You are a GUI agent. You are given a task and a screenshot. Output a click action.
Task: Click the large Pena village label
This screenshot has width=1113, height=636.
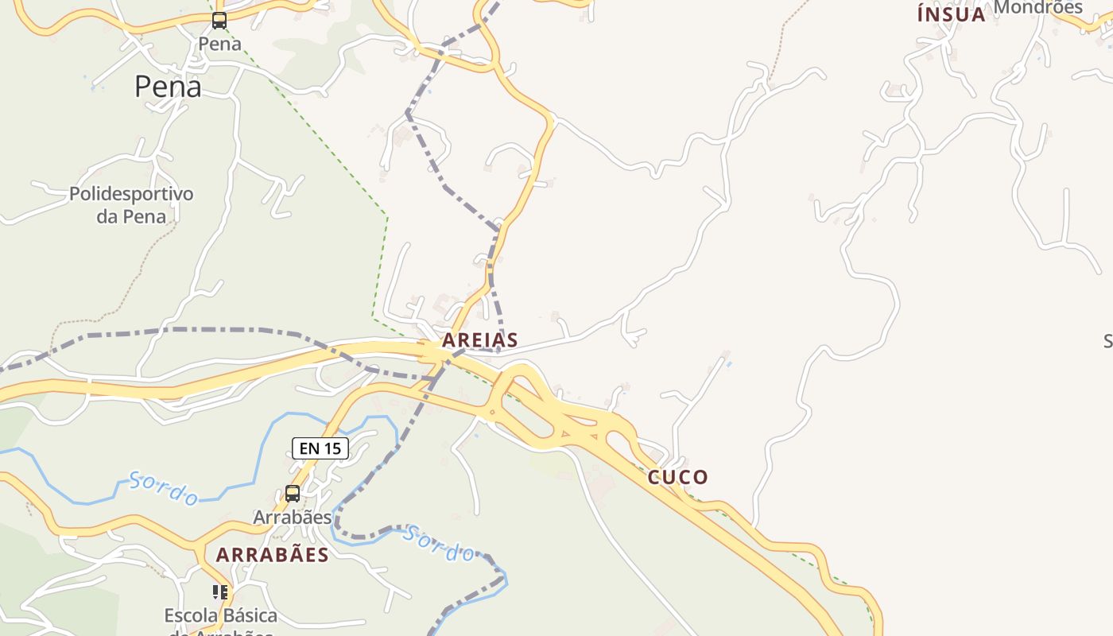[168, 86]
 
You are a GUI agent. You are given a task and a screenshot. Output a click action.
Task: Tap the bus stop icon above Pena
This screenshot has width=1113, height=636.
[219, 21]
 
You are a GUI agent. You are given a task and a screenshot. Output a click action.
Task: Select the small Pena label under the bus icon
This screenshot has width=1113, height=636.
[219, 44]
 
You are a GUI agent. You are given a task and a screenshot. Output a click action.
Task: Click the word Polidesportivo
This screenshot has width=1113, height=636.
[131, 194]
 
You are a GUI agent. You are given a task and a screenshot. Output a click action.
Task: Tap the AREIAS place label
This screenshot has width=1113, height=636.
[480, 340]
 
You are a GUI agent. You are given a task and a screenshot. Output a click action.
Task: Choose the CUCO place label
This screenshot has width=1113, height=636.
[677, 477]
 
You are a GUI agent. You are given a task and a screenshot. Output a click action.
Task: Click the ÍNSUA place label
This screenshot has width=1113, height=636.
[951, 14]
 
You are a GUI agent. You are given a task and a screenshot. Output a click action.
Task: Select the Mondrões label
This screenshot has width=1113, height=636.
[1038, 7]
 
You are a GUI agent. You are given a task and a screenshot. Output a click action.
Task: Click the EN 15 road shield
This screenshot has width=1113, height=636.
[320, 448]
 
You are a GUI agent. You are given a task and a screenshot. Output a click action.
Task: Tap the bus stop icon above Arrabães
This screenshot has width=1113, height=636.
[293, 494]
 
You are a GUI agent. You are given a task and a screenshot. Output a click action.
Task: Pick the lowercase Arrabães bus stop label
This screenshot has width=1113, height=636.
[292, 517]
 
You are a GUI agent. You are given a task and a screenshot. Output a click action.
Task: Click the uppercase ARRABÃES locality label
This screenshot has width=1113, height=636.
[272, 555]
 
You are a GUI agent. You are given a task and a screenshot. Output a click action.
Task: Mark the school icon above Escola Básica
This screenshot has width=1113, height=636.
[220, 592]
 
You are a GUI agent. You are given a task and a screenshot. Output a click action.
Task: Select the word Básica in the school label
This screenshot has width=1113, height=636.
[249, 615]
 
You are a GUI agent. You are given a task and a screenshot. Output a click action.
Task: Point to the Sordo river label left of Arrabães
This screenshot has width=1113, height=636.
[164, 489]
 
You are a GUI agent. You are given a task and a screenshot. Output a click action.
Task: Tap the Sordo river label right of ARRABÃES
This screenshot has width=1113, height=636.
[438, 544]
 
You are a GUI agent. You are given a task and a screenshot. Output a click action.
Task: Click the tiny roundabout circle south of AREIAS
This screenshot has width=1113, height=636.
[491, 412]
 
